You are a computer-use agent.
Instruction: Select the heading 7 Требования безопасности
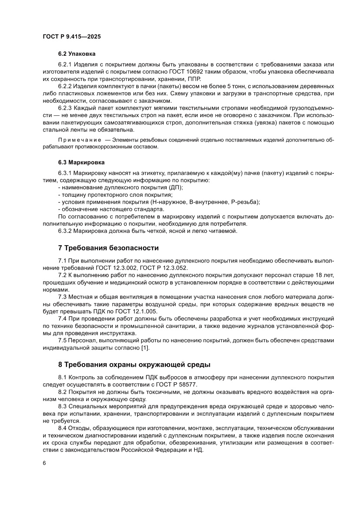(108, 248)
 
